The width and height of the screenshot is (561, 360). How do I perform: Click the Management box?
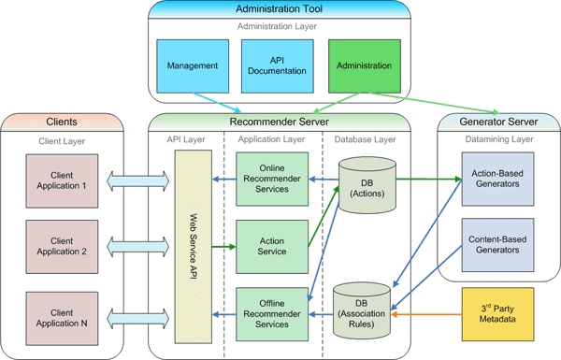193,65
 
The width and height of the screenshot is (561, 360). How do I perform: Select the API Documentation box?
264,65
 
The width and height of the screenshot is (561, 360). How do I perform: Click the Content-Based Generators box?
496,245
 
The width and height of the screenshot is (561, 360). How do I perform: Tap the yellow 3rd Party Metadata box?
496,315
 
